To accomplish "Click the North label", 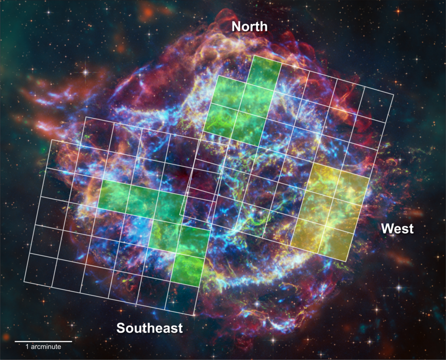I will click(249, 27).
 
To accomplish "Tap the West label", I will click(397, 228).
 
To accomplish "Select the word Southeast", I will click(149, 328).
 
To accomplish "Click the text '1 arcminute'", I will click(44, 347).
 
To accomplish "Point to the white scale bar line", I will click(44, 341).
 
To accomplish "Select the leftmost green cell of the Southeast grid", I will click(114, 196).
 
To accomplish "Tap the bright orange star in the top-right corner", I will click(397, 10).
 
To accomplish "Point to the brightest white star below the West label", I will click(399, 287).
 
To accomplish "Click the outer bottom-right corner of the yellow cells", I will click(347, 262).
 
